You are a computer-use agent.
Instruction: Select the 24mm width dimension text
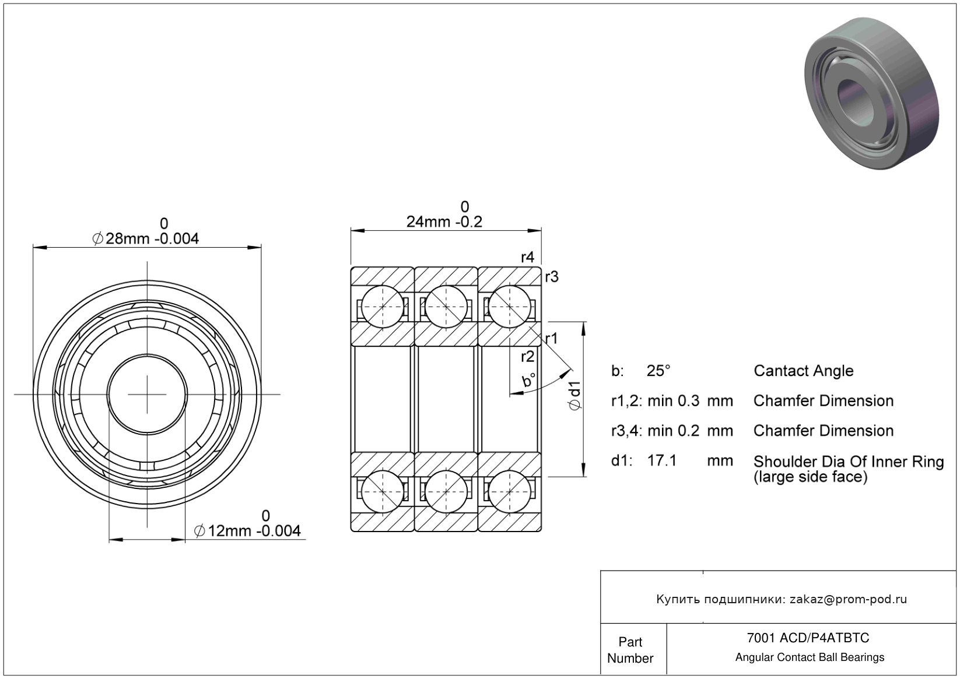pyautogui.click(x=444, y=222)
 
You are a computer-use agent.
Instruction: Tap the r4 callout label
pyautogui.click(x=527, y=257)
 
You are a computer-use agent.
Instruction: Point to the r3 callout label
pyautogui.click(x=552, y=277)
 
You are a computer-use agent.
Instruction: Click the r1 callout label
pyautogui.click(x=551, y=338)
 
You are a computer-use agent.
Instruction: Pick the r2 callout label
pyautogui.click(x=527, y=357)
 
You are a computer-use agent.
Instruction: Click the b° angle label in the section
pyautogui.click(x=529, y=381)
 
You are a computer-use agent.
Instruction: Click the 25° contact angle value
pyautogui.click(x=658, y=371)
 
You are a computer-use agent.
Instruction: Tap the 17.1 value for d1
pyautogui.click(x=662, y=461)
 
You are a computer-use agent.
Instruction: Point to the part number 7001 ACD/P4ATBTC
pyautogui.click(x=808, y=638)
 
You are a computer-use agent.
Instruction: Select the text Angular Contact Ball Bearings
pyautogui.click(x=810, y=657)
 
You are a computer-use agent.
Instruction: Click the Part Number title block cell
pyautogui.click(x=630, y=650)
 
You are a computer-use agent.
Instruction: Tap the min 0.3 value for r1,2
pyautogui.click(x=673, y=401)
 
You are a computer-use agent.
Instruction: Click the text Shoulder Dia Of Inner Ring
pyautogui.click(x=848, y=462)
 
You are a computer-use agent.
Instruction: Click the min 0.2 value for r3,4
pyautogui.click(x=673, y=431)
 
